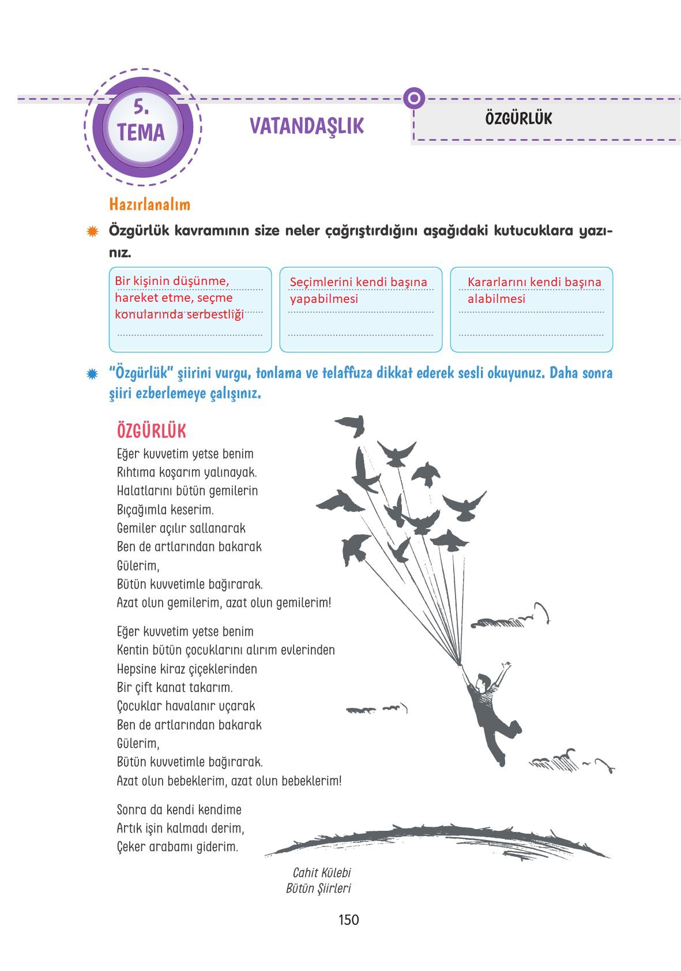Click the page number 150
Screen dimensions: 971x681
coord(349,920)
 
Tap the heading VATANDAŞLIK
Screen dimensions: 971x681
coord(307,126)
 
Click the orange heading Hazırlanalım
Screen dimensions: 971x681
coord(149,204)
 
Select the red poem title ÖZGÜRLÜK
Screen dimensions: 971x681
coord(151,431)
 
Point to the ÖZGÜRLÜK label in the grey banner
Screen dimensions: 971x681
coord(518,118)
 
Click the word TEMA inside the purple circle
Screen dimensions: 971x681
coord(141,132)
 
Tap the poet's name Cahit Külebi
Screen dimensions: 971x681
coord(322,873)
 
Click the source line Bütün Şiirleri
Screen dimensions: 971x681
coord(318,888)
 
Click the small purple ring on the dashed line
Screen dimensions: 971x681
coord(413,99)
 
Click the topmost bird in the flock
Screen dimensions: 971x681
coord(350,425)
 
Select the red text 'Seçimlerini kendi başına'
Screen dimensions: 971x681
coord(358,282)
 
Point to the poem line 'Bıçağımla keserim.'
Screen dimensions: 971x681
coord(165,510)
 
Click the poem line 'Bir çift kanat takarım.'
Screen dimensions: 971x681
coord(174,688)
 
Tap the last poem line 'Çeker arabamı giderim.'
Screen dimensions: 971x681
coord(177,847)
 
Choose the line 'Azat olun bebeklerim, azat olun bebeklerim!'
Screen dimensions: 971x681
coord(229,781)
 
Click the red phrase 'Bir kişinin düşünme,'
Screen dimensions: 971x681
coord(172,281)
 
